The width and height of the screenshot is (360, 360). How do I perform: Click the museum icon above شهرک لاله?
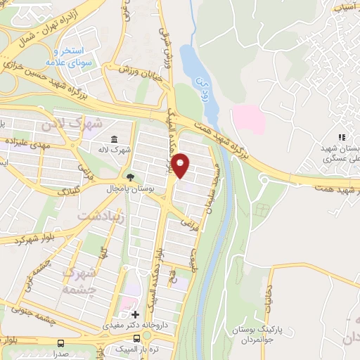[x=115, y=139]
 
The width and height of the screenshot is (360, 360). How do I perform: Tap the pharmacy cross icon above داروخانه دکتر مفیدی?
[x=135, y=314]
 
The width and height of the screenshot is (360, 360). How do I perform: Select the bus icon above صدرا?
[x=62, y=344]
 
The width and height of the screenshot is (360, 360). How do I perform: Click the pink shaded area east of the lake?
[x=250, y=118]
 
